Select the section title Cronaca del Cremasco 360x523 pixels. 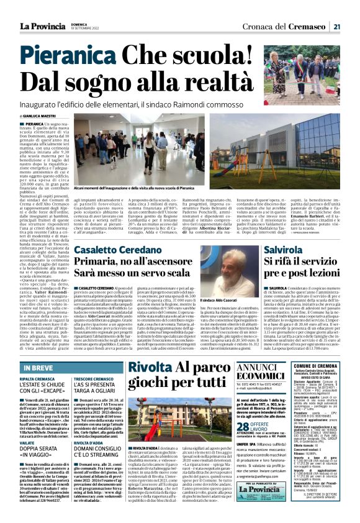click(294, 26)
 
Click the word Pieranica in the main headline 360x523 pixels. click(69, 55)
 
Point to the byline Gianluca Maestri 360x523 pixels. click(42, 116)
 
